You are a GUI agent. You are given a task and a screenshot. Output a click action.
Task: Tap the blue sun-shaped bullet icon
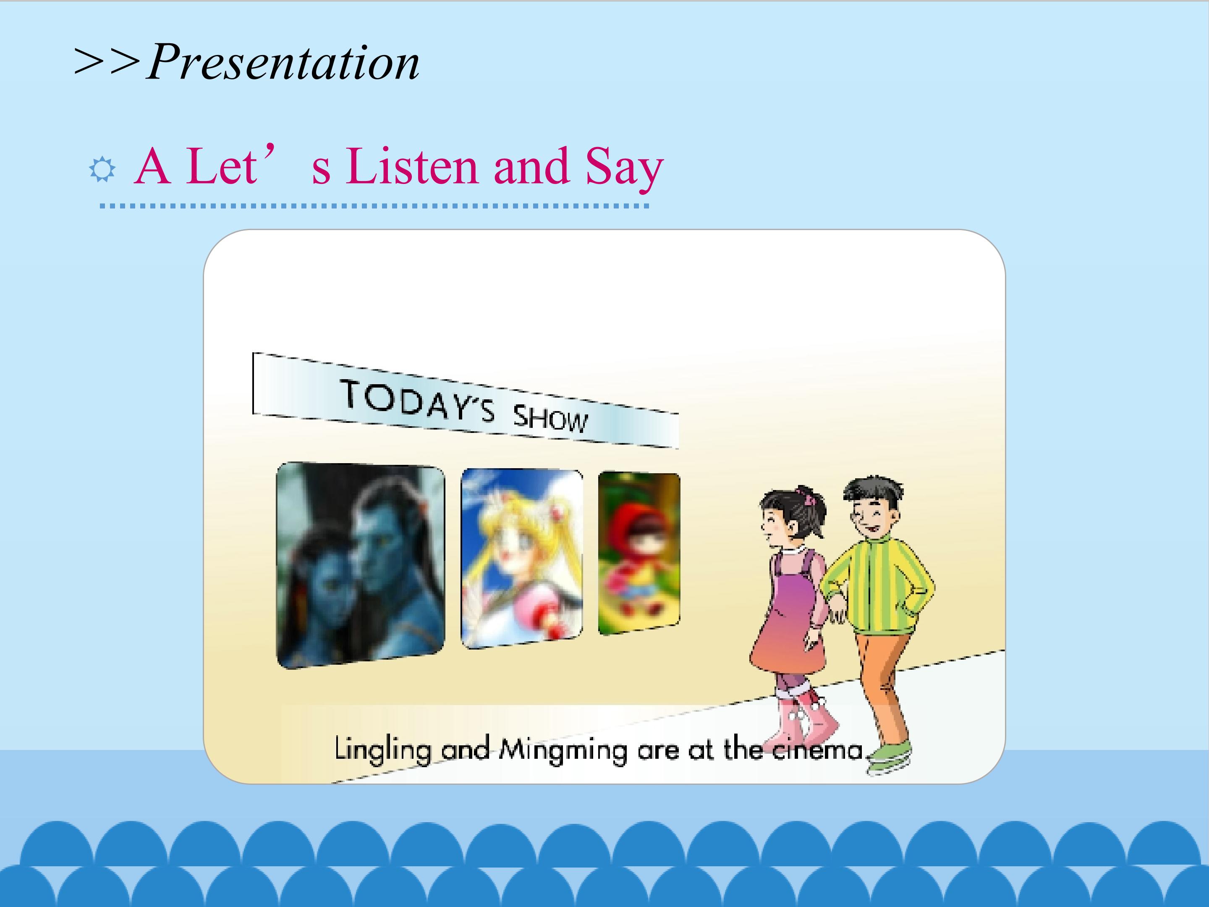[102, 170]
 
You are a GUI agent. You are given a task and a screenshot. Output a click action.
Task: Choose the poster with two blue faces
[360, 564]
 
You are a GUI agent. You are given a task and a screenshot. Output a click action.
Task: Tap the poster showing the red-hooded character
[639, 553]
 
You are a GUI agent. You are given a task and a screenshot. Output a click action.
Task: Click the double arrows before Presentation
[107, 61]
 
